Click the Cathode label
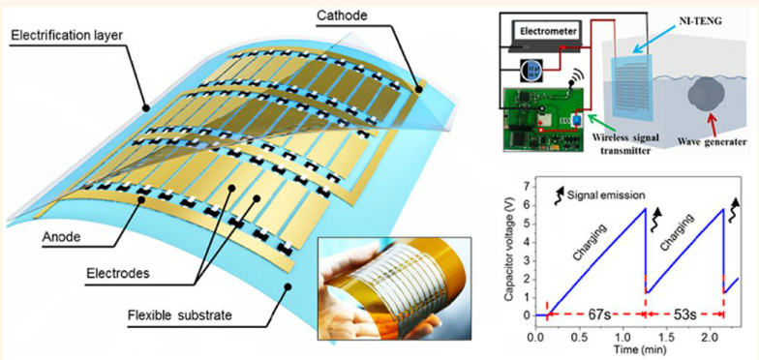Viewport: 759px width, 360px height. tap(343, 15)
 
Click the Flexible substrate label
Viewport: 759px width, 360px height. tap(180, 315)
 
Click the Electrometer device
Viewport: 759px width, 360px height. tap(548, 37)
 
